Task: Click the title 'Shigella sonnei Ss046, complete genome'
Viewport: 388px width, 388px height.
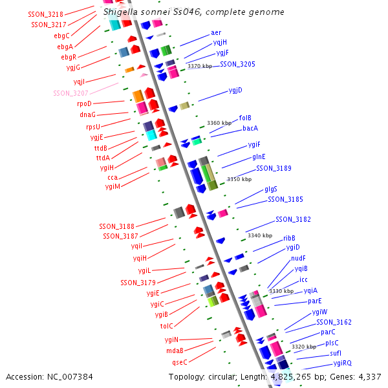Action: point(193,12)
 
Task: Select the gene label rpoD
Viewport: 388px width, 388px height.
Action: point(84,103)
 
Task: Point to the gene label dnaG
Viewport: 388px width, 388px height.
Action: point(87,114)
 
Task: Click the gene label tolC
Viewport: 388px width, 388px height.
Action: point(166,326)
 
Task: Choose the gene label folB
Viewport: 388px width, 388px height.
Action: point(245,118)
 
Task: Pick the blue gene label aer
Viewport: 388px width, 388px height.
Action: point(216,32)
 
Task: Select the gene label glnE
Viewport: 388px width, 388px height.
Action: point(259,156)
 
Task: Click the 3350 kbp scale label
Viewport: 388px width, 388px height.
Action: point(239,179)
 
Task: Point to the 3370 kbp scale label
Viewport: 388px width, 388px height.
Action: point(199,66)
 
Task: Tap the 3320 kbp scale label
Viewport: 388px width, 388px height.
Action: point(304,347)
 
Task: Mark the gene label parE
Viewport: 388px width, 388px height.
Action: point(315,301)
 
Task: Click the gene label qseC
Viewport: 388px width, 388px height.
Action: point(179,361)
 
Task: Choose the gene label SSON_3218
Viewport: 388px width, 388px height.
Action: point(46,14)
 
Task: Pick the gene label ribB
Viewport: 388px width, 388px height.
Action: point(289,238)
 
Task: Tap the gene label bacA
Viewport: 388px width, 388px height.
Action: point(250,128)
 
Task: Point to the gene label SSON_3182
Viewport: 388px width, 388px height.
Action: point(293,219)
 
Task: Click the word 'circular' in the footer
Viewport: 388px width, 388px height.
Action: point(244,376)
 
